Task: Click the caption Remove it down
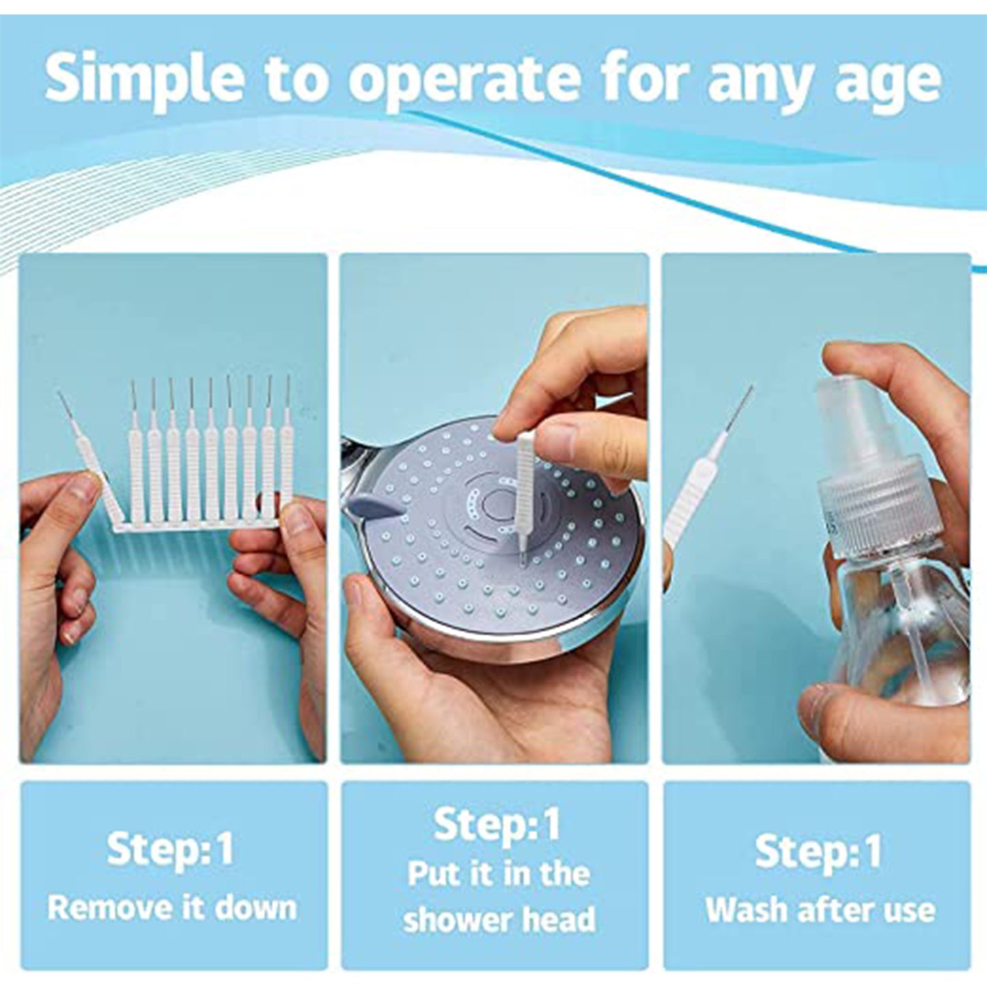(172, 908)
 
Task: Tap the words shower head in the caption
(499, 919)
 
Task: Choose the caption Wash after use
(820, 910)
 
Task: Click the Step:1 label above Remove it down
(170, 850)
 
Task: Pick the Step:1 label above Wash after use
(818, 852)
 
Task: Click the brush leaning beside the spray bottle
(704, 485)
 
